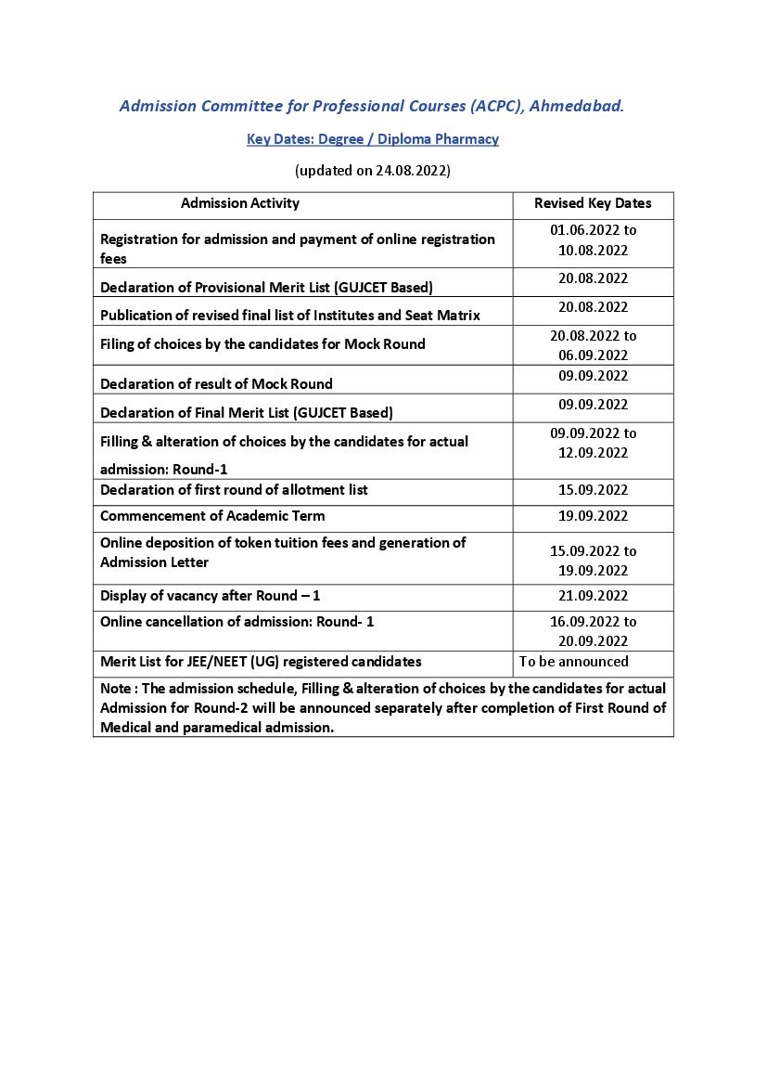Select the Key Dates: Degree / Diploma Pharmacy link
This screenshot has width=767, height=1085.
coord(373,139)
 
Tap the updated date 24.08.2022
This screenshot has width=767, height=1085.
coord(411,171)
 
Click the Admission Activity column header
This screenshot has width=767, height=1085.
coord(240,203)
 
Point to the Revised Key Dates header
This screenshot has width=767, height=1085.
coord(593,203)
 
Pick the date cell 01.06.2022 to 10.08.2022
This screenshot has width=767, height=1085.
coord(593,239)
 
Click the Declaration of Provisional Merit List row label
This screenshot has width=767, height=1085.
coord(266,287)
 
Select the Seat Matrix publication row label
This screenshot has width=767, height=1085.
coord(290,316)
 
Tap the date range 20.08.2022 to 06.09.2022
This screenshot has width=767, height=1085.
coord(593,345)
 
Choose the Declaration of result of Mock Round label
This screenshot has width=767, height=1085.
coord(216,383)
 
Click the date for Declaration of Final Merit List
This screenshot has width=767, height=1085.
coord(593,405)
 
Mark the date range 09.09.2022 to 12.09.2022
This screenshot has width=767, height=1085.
coord(593,443)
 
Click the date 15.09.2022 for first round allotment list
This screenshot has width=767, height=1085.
coord(593,490)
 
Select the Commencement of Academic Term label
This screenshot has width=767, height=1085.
coord(212,516)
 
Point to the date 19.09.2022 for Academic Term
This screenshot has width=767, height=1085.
coord(593,516)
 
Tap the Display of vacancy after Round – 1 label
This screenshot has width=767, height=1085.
coord(210,596)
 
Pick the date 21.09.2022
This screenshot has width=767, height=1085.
coord(593,596)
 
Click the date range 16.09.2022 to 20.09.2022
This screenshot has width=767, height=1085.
coord(593,631)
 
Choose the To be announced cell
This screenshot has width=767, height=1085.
coord(574,662)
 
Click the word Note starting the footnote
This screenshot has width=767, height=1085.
coord(115,689)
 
